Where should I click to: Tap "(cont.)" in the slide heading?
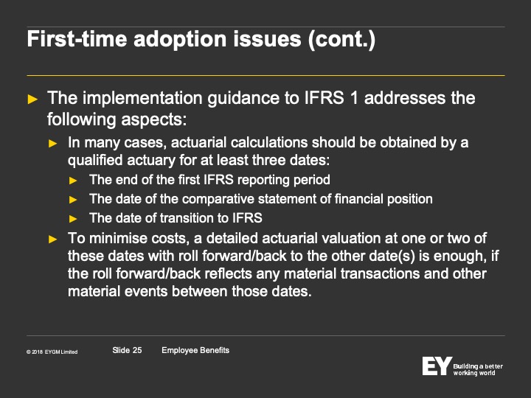point(341,39)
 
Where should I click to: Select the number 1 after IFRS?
point(354,98)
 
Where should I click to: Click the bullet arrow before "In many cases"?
point(53,144)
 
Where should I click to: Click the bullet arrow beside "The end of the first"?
point(73,181)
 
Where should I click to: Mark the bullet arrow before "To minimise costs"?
point(53,240)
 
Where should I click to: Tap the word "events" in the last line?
point(146,291)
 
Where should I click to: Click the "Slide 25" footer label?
point(127,350)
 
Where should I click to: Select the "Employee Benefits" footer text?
point(195,350)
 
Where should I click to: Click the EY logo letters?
point(437,366)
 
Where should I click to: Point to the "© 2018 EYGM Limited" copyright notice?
point(52,352)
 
